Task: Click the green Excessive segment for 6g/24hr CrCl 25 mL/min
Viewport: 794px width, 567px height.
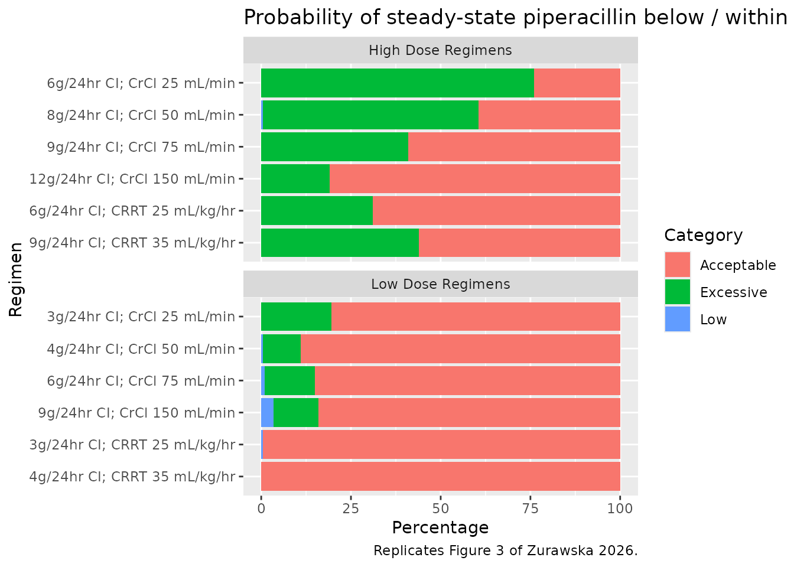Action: [398, 83]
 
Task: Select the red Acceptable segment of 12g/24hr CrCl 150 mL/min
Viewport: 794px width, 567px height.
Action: [475, 178]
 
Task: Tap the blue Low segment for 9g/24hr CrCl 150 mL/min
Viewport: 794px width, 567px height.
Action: [267, 412]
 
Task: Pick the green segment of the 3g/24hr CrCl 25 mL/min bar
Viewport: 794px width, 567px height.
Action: [297, 317]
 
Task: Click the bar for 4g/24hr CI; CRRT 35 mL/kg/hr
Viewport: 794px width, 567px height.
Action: [441, 476]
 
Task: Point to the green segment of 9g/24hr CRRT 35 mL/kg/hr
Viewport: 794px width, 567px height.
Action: [340, 243]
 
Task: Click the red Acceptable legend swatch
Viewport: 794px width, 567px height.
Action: [678, 265]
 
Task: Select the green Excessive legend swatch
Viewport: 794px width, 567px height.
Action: [678, 292]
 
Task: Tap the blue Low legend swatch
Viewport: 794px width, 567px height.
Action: [678, 320]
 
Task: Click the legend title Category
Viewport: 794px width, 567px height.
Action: [703, 236]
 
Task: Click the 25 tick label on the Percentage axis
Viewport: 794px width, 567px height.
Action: [351, 509]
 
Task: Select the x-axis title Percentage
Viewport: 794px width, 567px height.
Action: [440, 528]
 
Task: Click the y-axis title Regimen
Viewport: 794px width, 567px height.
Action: [16, 280]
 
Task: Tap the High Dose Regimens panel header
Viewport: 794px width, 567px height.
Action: [441, 50]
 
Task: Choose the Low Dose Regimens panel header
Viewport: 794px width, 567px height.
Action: [441, 284]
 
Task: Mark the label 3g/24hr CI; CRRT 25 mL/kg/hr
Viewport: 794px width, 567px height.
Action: [132, 445]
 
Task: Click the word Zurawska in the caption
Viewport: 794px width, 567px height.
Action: [560, 551]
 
